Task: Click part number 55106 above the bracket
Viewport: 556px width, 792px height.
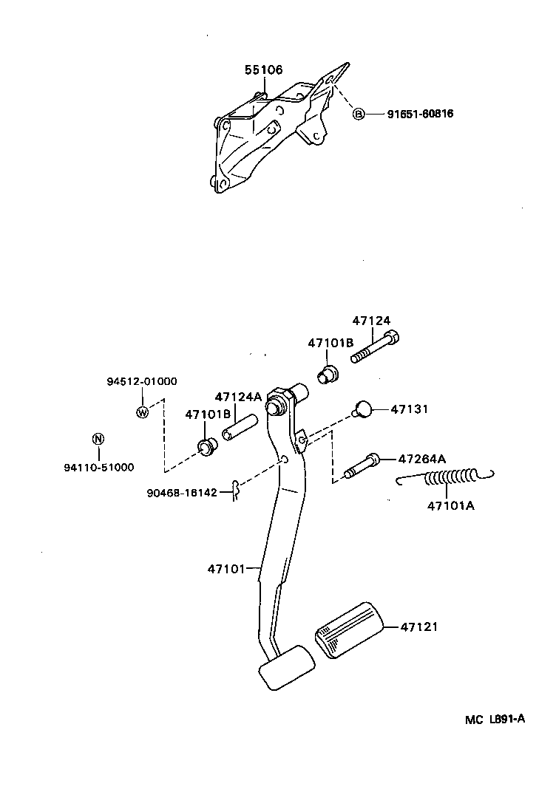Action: [x=263, y=70]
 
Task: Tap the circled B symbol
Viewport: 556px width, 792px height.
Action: [x=359, y=114]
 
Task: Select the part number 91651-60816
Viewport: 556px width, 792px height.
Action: [x=420, y=114]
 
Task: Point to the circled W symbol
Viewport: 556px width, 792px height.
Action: [x=142, y=412]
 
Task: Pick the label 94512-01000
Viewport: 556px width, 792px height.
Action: [x=140, y=381]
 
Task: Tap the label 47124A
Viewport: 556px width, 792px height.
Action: [x=238, y=397]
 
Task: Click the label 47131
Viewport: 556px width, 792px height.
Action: [x=409, y=409]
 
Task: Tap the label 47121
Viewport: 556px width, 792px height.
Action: [x=419, y=627]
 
